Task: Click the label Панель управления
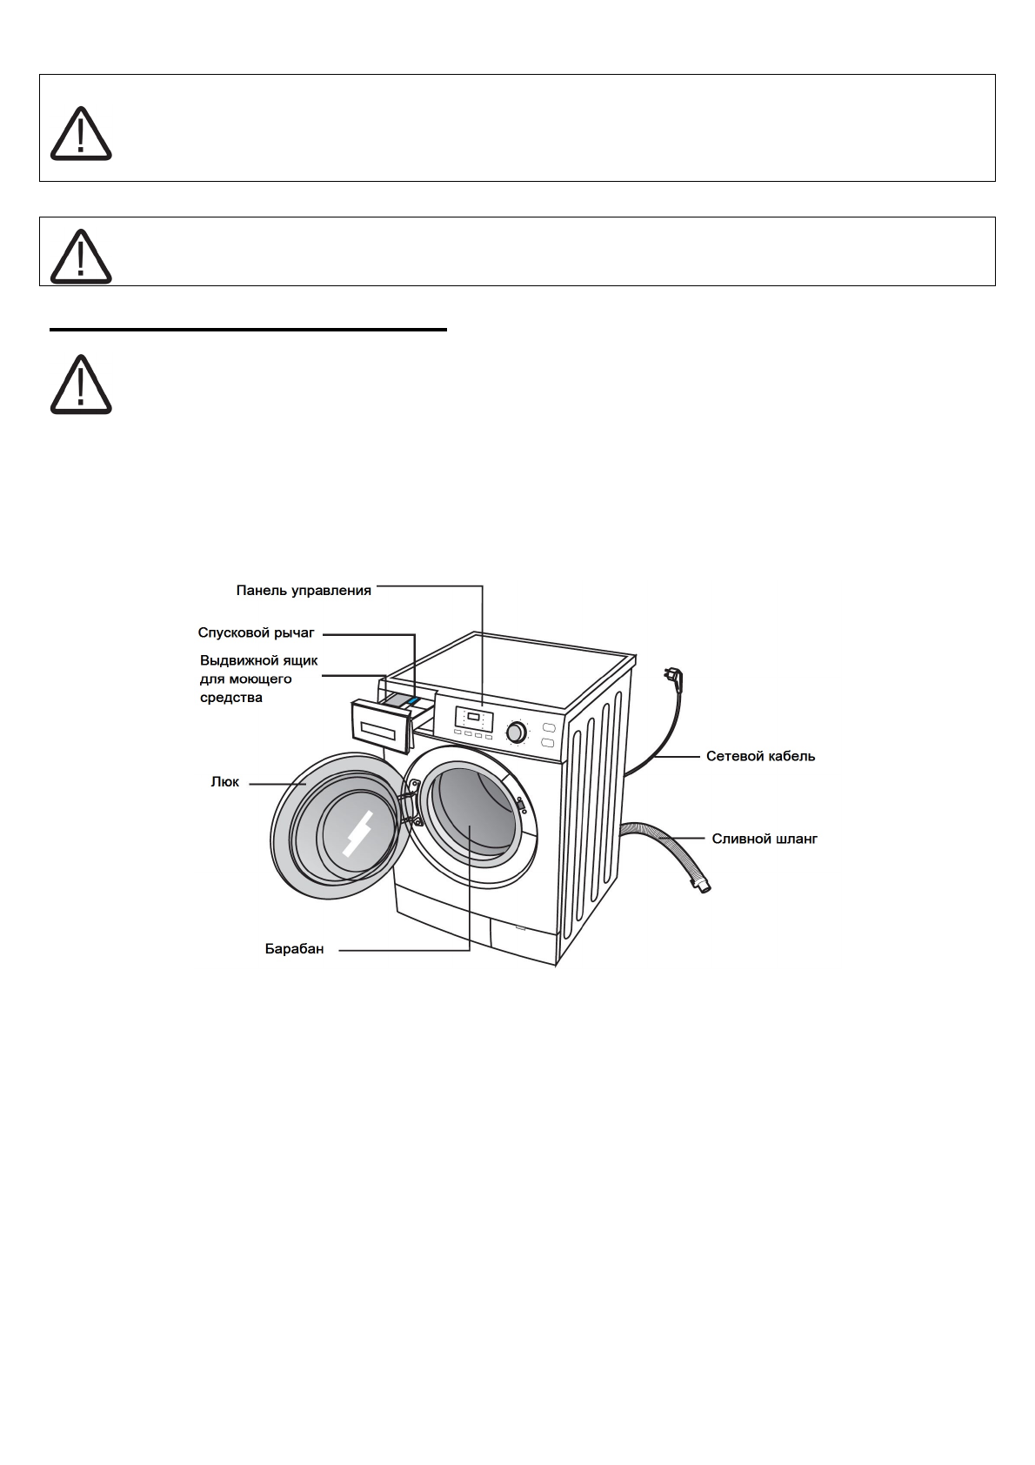304,591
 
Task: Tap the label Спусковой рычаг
256,633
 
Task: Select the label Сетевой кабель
760,757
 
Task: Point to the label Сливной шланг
765,840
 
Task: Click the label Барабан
294,949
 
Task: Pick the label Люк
225,782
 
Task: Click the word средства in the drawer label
230,698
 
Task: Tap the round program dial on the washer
516,731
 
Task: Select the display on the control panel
474,718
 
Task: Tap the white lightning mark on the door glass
357,833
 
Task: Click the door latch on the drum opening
520,806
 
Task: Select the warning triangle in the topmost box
81,134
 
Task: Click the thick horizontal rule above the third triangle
248,330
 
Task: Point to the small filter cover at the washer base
520,927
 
